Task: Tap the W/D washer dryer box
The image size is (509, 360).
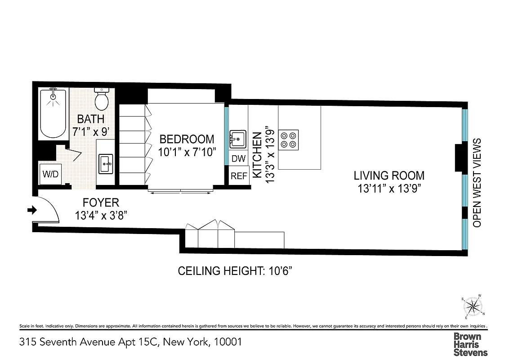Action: point(50,174)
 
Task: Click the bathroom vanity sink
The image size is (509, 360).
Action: point(106,164)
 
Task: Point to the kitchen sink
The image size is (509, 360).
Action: point(237,139)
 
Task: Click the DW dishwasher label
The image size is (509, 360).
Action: point(238,159)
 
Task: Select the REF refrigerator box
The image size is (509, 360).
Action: point(239,176)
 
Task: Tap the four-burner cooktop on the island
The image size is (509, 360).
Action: point(288,139)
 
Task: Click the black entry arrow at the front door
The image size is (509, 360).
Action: point(32,210)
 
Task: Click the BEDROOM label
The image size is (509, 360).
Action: point(187,139)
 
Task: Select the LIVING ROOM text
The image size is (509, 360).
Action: point(388,175)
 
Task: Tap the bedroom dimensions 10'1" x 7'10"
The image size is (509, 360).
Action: point(187,152)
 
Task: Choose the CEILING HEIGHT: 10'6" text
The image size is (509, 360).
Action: point(236,271)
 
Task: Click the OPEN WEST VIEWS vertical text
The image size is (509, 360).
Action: point(477,182)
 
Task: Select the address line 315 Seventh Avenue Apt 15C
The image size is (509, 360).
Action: point(131,342)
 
